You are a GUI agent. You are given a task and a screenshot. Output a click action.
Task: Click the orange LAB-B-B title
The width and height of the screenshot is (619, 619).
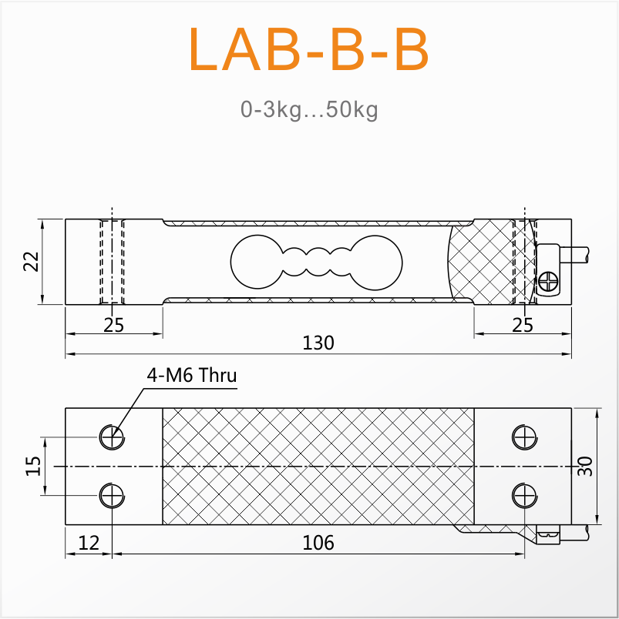click(309, 49)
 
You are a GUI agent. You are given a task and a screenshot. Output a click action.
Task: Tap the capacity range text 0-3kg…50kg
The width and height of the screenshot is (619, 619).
click(309, 109)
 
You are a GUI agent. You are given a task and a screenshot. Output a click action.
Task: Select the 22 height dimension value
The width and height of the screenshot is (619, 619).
click(32, 261)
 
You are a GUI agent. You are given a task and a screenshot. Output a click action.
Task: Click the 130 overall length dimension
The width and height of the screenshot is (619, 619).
click(318, 343)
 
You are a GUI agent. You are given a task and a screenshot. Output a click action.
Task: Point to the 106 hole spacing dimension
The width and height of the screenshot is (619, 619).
click(318, 543)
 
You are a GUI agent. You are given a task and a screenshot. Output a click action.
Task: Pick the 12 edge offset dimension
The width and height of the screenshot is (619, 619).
click(89, 543)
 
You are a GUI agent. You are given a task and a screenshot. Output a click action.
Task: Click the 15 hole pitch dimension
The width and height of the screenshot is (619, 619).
click(33, 466)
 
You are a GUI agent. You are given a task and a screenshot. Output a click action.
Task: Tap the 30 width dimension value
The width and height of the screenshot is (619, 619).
click(585, 467)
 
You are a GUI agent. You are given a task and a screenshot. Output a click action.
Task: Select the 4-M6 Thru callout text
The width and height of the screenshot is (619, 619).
click(192, 375)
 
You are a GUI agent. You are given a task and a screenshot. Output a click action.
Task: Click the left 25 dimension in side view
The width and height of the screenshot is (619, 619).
click(114, 325)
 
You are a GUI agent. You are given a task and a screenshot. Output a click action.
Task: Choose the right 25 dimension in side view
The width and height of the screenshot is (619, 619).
click(523, 325)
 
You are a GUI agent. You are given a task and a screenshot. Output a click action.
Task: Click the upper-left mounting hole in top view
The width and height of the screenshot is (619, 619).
click(112, 437)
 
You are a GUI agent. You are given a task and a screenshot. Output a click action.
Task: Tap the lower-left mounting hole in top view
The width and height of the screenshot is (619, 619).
click(112, 496)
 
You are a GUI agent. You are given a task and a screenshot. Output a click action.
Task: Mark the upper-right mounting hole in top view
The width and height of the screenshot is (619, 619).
click(524, 437)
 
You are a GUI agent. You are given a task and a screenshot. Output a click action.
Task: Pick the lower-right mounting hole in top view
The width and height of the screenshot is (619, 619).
click(524, 496)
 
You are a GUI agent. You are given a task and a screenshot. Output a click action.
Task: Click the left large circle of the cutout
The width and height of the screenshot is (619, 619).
click(257, 262)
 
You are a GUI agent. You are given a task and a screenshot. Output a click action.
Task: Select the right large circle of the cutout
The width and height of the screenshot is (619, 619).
click(375, 263)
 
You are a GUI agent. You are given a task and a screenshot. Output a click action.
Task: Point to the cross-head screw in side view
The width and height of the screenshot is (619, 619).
click(549, 282)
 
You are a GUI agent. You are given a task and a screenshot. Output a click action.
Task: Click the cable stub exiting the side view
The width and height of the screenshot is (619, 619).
click(574, 255)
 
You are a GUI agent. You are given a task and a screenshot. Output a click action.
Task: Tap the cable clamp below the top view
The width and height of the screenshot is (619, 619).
click(548, 534)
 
